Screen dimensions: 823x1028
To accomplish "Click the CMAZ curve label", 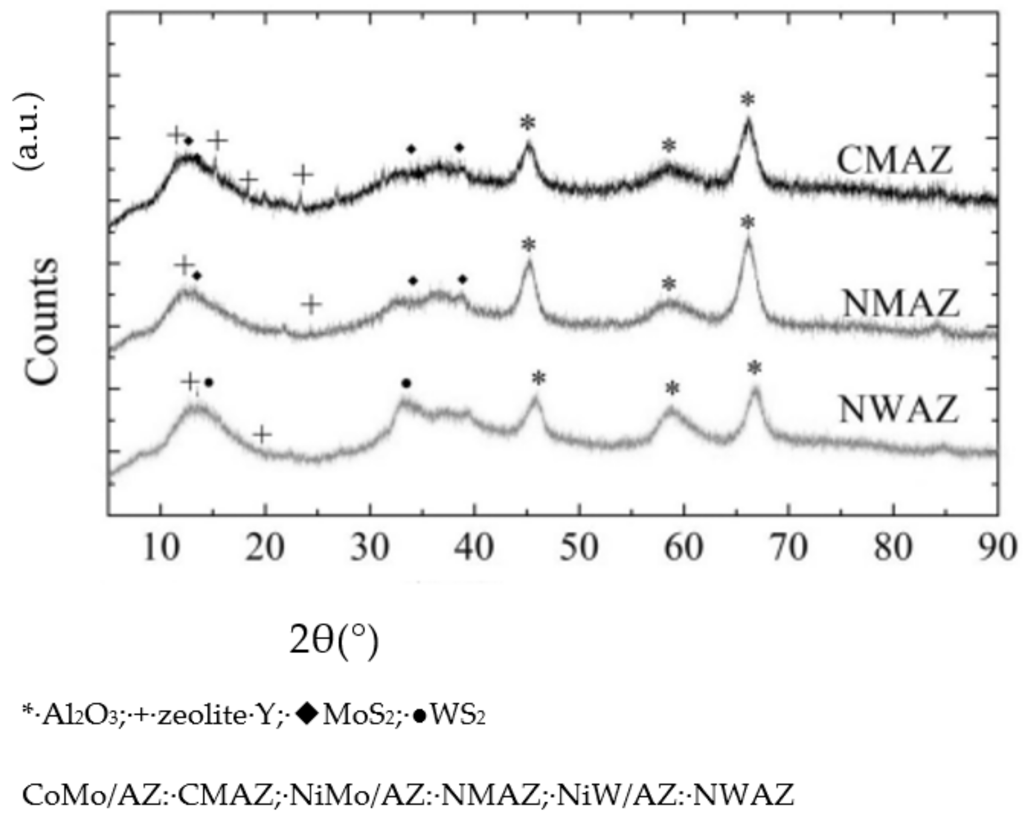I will pyautogui.click(x=894, y=161).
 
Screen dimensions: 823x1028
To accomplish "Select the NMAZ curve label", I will pyautogui.click(x=900, y=303).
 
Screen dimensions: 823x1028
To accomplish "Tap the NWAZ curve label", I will pyautogui.click(x=899, y=410).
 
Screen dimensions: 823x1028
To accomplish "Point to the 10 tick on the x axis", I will pyautogui.click(x=161, y=547).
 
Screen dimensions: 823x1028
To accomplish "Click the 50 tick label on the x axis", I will pyautogui.click(x=579, y=547).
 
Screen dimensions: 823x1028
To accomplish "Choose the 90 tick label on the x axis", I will pyautogui.click(x=997, y=547).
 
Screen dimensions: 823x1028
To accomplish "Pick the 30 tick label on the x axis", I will pyautogui.click(x=370, y=547).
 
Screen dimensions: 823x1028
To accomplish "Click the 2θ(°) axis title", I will pyautogui.click(x=334, y=641).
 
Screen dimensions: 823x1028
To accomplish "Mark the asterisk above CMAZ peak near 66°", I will pyautogui.click(x=747, y=100).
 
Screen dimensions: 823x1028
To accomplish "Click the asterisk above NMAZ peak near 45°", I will pyautogui.click(x=528, y=245).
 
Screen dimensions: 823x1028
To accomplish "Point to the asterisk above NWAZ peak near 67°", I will pyautogui.click(x=755, y=368).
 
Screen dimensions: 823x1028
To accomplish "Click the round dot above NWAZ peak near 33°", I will pyautogui.click(x=406, y=383).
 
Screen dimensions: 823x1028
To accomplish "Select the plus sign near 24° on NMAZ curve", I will pyautogui.click(x=312, y=304).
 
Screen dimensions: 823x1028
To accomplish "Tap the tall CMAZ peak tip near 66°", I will pyautogui.click(x=747, y=120).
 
